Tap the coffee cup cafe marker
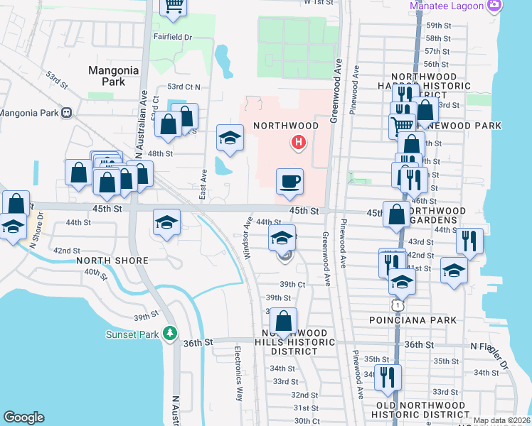coord(289,182)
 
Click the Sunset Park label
coord(134,334)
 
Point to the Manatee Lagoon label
coord(446,6)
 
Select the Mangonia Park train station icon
coord(66,112)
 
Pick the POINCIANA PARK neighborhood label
coord(422,320)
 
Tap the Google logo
coord(23,417)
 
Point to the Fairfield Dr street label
coord(173,35)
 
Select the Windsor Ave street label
coord(249,237)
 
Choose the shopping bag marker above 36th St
coord(283,321)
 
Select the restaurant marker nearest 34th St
coord(388,376)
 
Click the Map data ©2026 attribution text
coord(501,420)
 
